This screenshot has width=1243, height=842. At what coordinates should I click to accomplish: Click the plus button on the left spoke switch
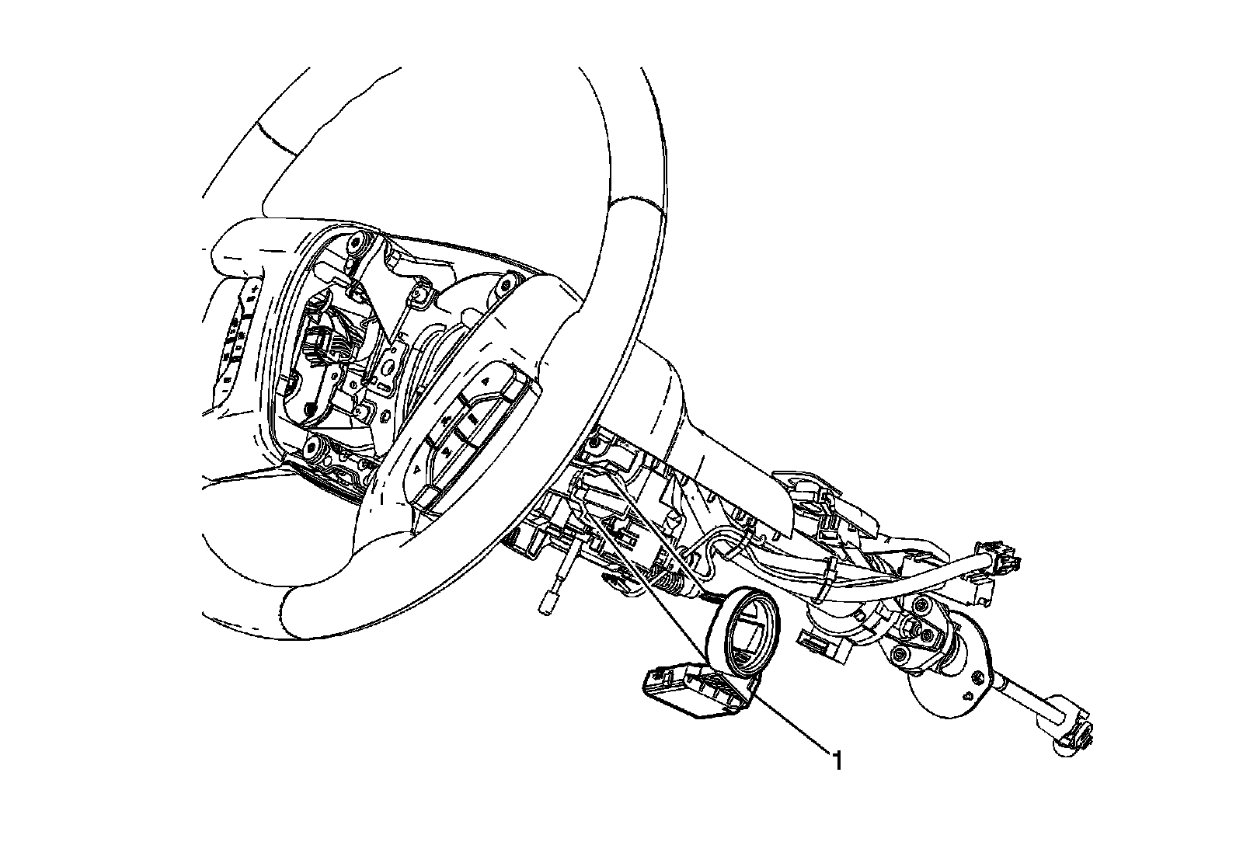pos(256,291)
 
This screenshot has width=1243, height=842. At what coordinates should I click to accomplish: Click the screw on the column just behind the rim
pos(594,443)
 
